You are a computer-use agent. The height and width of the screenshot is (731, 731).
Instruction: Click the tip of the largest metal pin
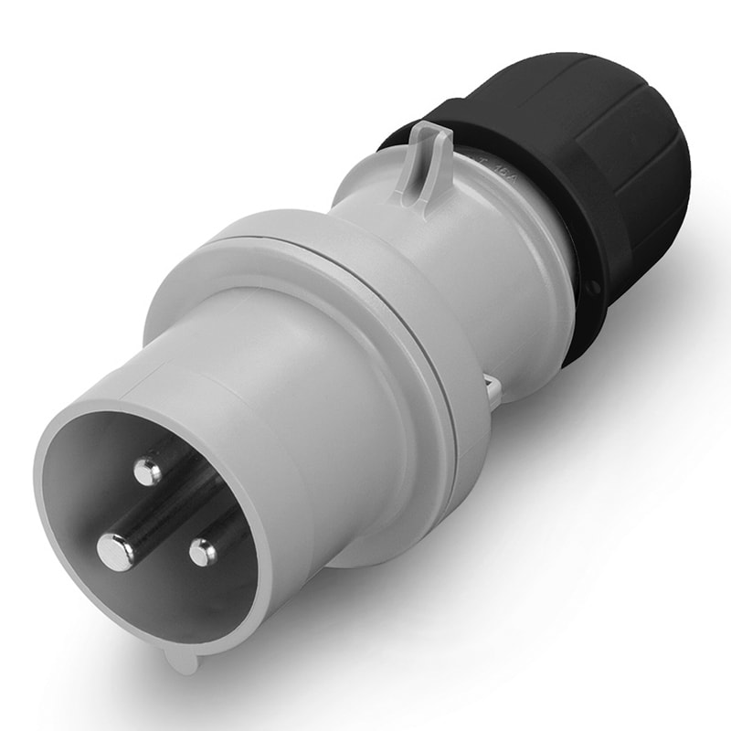[115, 551]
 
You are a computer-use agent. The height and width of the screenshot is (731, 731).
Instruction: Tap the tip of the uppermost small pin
[147, 471]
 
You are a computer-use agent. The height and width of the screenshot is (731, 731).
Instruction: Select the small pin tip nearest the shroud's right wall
[203, 551]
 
